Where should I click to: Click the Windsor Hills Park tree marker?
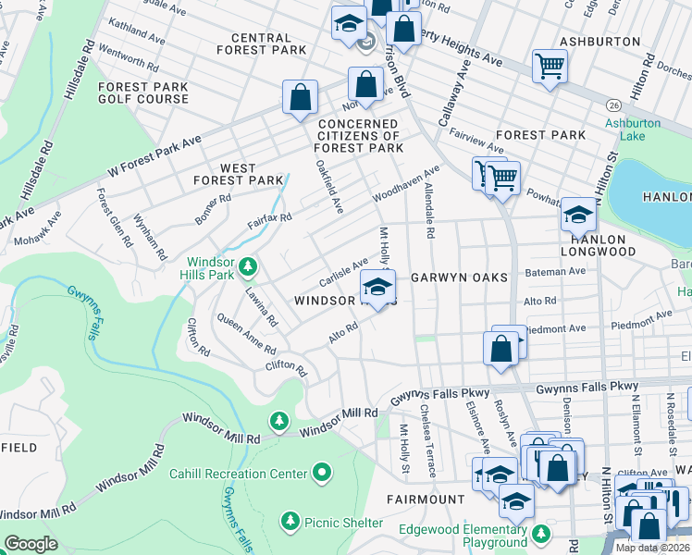click(247, 267)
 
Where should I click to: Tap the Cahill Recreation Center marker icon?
click(322, 474)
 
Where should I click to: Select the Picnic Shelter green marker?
click(290, 523)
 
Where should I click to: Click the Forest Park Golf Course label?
click(142, 92)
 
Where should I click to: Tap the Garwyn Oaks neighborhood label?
click(459, 277)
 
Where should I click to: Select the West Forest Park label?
click(238, 174)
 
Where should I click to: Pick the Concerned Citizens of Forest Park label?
click(360, 135)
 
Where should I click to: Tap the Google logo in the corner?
click(31, 544)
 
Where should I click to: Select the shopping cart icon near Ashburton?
click(550, 65)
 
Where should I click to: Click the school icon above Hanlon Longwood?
click(578, 215)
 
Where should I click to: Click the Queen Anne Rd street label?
click(245, 336)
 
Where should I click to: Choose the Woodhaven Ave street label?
click(405, 185)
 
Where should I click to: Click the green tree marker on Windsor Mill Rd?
click(278, 422)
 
